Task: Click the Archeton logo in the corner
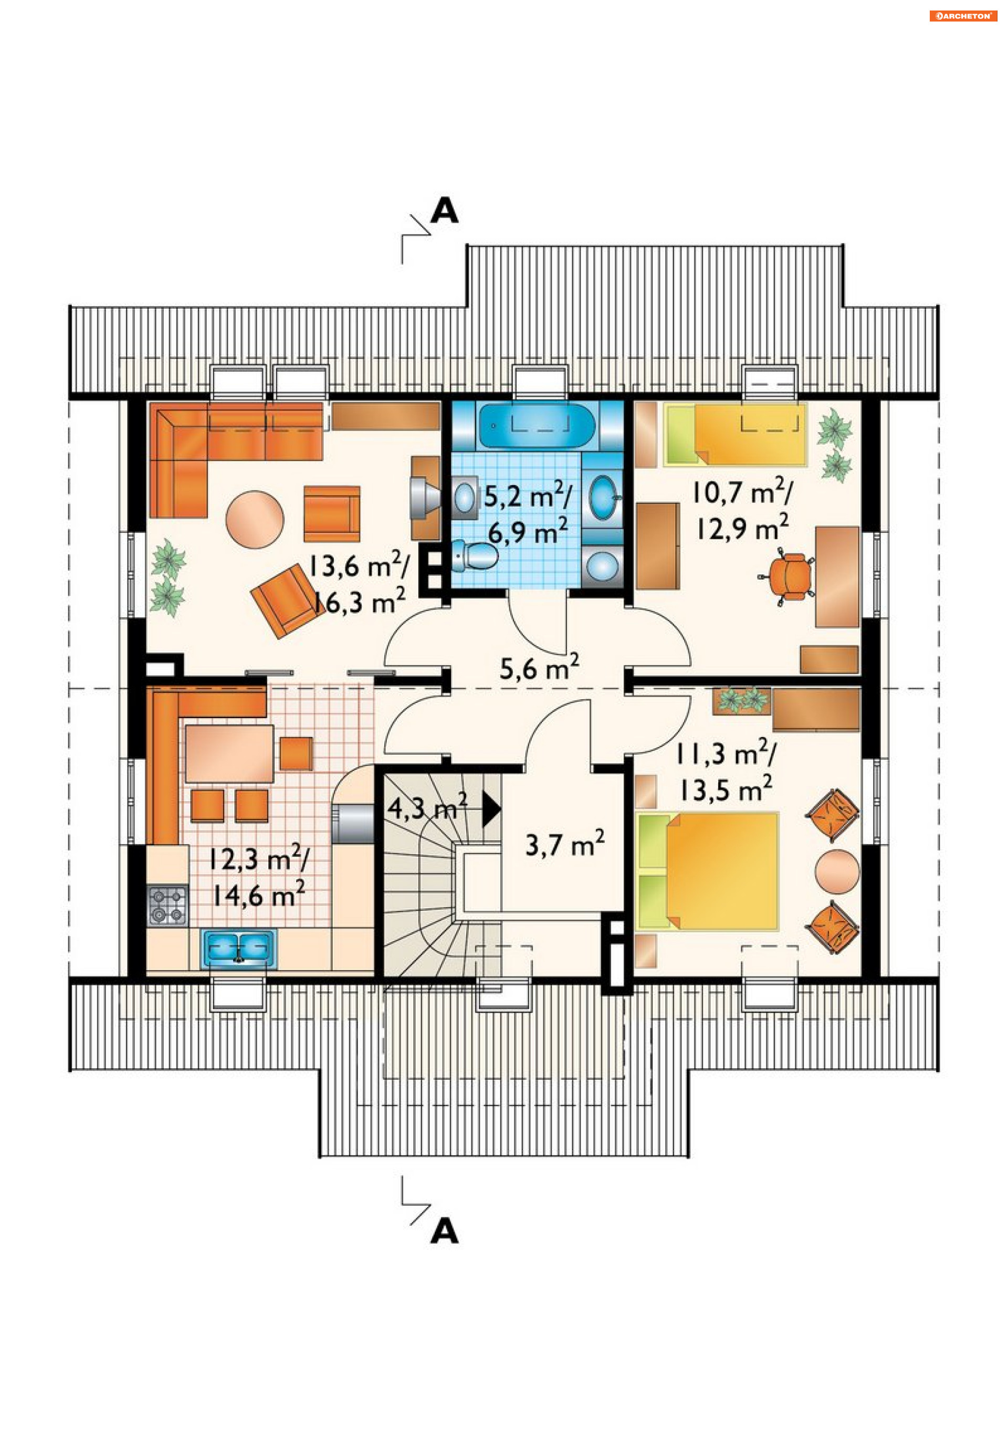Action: pyautogui.click(x=962, y=16)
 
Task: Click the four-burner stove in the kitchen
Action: pyautogui.click(x=167, y=905)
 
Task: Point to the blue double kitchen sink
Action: pyautogui.click(x=238, y=947)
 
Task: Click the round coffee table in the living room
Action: pyautogui.click(x=255, y=519)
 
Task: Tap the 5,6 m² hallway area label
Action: pyautogui.click(x=539, y=667)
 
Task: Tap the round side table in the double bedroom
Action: pyautogui.click(x=837, y=871)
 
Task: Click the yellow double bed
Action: pyautogui.click(x=707, y=870)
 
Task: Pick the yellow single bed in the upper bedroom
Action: pyautogui.click(x=735, y=435)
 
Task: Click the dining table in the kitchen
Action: pyautogui.click(x=229, y=753)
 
